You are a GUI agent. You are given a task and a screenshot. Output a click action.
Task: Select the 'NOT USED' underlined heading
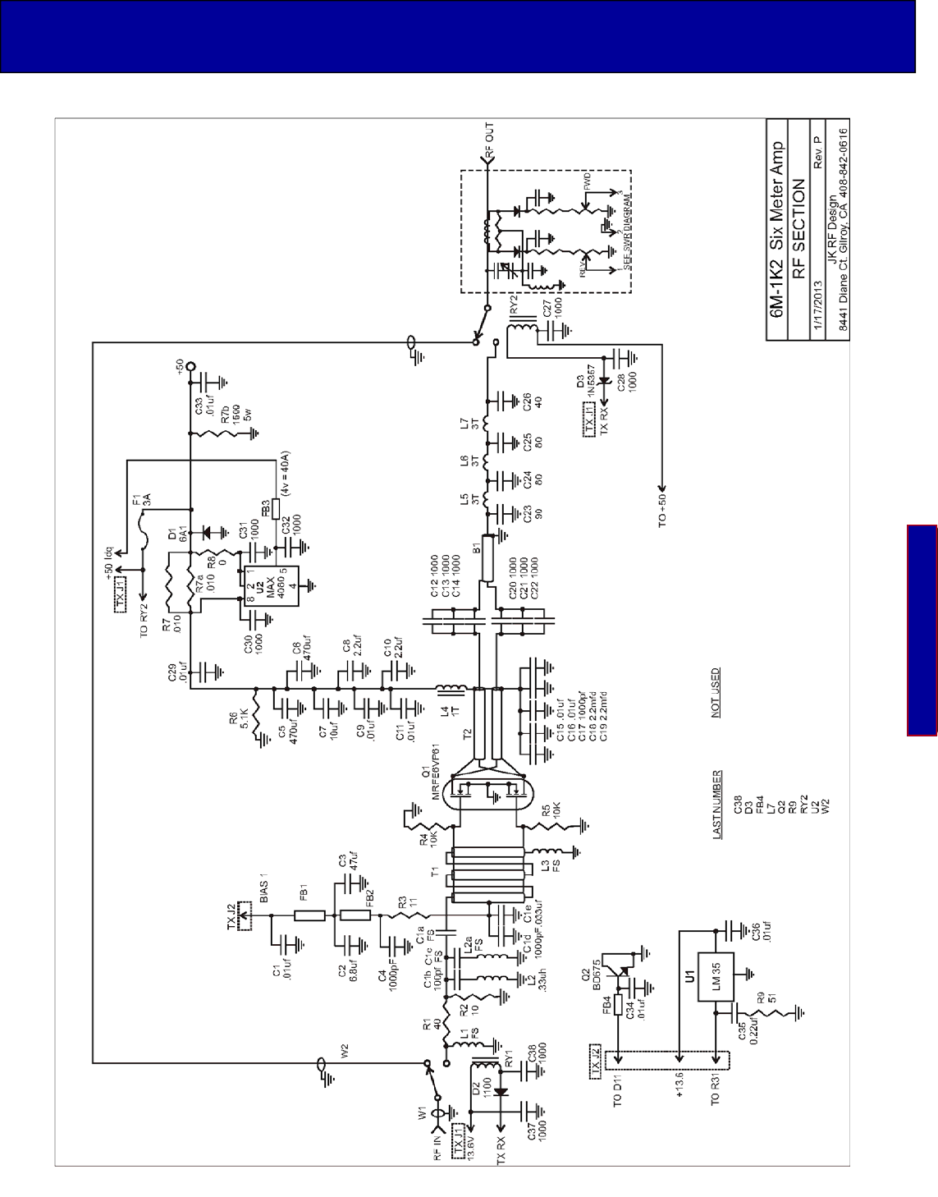pyautogui.click(x=716, y=693)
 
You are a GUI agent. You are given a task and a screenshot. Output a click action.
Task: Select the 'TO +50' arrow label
pyautogui.click(x=662, y=507)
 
